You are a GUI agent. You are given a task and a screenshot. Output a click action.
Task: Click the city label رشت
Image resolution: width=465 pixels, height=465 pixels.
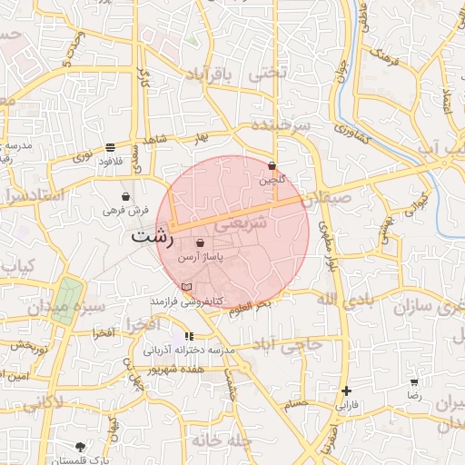tap(152, 237)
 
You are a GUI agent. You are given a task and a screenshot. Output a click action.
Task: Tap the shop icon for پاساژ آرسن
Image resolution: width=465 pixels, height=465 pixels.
tap(200, 243)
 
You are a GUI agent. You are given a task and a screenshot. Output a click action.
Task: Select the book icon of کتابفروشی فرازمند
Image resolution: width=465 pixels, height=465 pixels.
tap(187, 287)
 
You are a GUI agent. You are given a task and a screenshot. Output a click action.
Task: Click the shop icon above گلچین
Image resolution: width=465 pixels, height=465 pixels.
tap(272, 165)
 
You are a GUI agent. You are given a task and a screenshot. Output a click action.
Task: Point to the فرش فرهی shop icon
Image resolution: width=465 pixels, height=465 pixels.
tap(125, 196)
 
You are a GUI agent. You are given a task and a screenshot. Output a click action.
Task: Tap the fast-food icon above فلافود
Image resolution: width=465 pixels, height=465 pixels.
tap(110, 147)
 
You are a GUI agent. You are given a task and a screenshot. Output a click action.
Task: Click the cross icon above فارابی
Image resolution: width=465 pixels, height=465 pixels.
tap(346, 391)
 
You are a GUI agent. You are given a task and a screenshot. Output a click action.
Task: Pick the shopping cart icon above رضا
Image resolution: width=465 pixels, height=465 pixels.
tap(414, 383)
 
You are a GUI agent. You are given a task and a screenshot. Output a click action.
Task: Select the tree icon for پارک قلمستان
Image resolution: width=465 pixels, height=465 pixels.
tap(81, 447)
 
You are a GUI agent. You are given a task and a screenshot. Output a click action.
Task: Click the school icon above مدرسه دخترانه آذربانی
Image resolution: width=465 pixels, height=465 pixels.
tap(189, 337)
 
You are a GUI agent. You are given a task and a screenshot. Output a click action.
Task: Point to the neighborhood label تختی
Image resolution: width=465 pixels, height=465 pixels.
tap(270, 75)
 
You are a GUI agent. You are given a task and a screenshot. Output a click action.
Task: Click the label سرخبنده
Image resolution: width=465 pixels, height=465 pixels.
tap(281, 124)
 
